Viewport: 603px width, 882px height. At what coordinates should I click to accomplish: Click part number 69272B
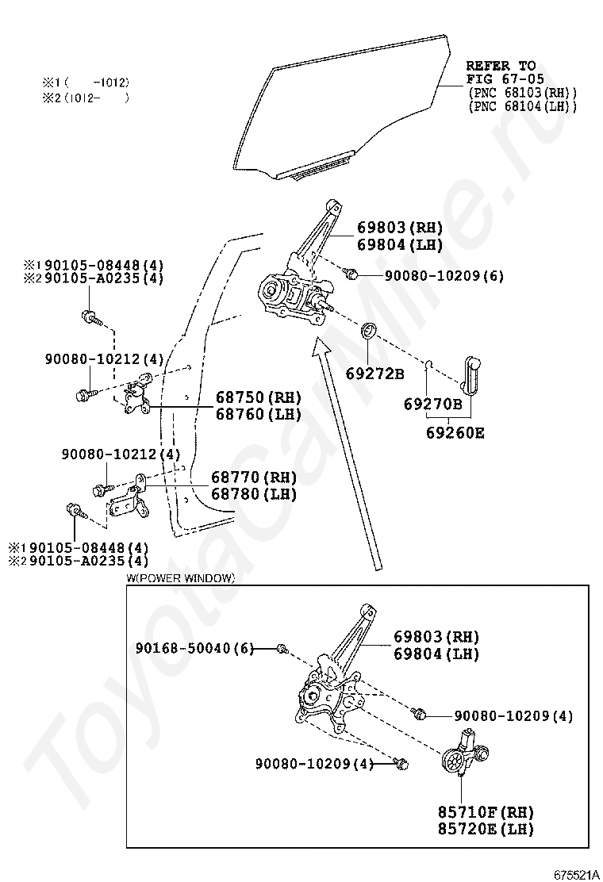[x=374, y=373]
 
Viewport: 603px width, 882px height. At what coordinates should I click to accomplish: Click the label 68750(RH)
[x=255, y=397]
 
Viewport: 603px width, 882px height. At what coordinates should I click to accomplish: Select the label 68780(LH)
[x=254, y=494]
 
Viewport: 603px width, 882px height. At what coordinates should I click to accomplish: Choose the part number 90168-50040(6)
[x=194, y=649]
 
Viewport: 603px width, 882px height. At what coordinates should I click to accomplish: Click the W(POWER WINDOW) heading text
[x=180, y=578]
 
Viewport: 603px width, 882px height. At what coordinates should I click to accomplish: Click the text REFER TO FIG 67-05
[x=501, y=71]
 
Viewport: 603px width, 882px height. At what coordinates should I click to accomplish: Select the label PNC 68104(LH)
[x=522, y=106]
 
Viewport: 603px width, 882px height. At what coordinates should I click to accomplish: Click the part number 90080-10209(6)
[x=444, y=276]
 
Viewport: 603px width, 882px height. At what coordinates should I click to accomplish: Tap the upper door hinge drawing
[x=140, y=393]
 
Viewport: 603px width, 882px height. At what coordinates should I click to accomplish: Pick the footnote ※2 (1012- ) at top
[x=85, y=98]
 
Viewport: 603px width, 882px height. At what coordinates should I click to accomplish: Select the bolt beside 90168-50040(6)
[x=281, y=650]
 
